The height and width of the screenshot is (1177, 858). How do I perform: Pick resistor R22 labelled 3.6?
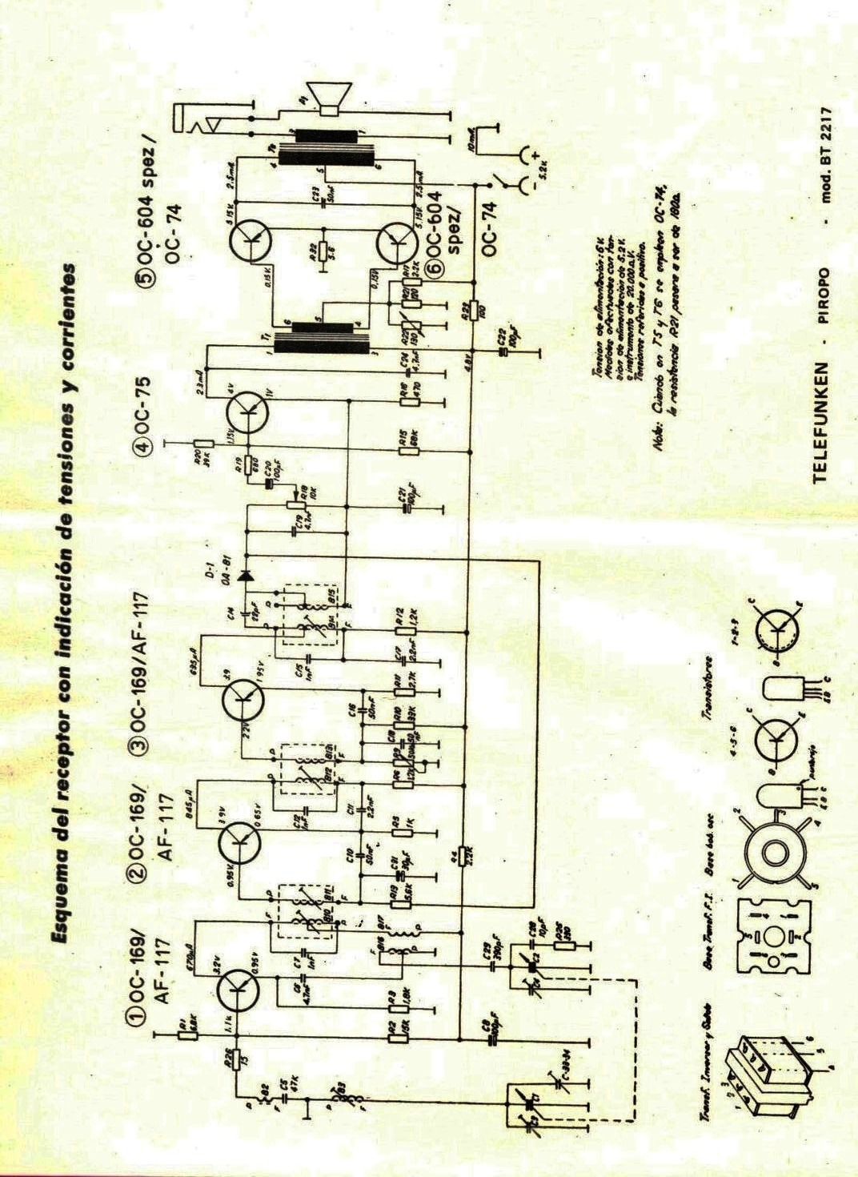[x=321, y=250]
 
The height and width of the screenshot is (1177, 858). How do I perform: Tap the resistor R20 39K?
[x=205, y=442]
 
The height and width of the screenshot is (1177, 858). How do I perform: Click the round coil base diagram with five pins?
[x=772, y=855]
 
